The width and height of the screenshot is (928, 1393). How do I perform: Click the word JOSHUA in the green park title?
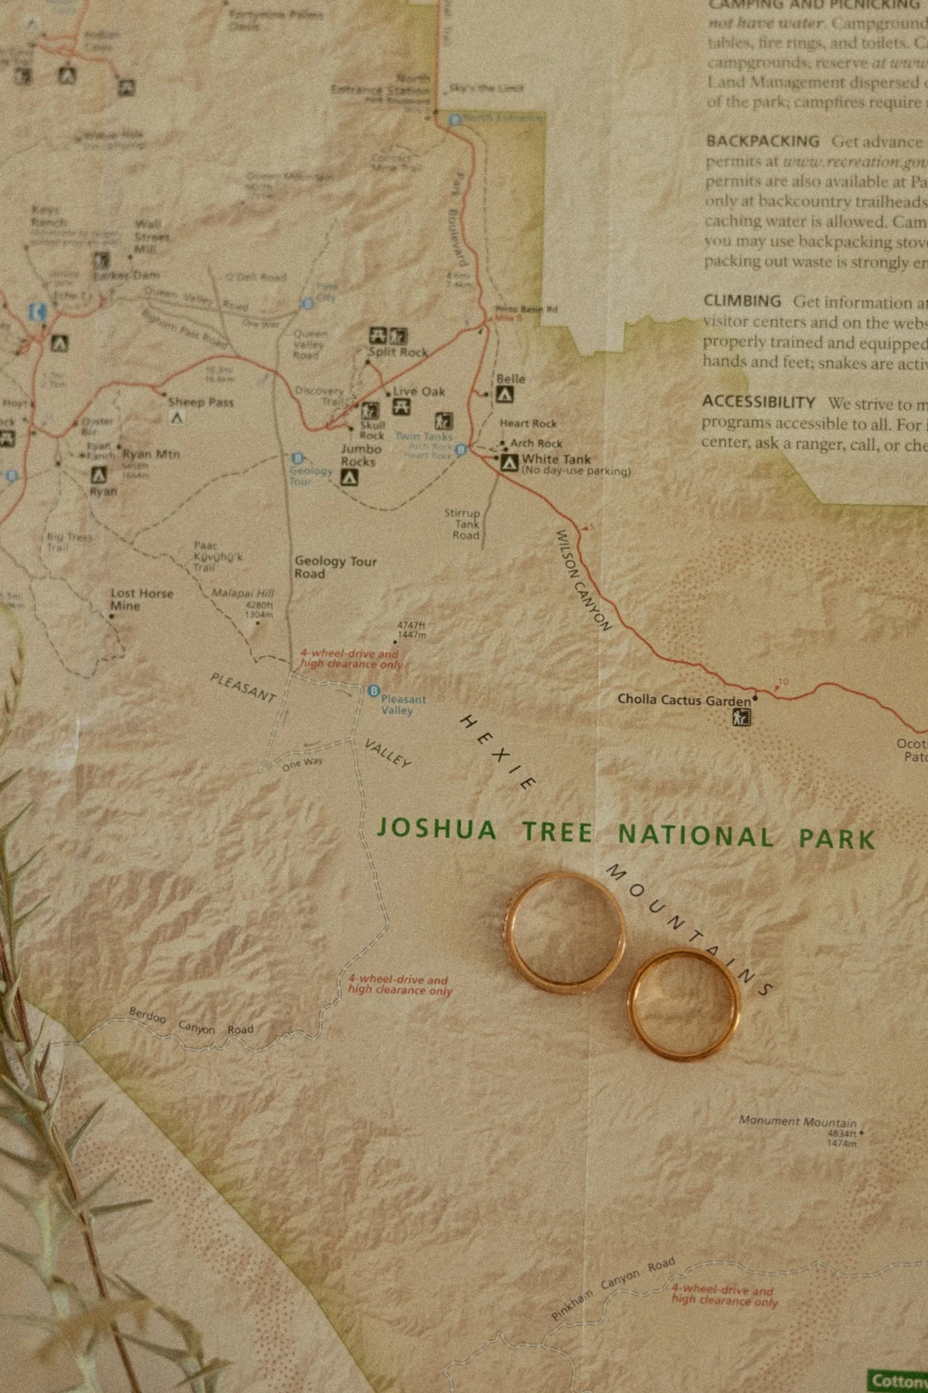(x=436, y=828)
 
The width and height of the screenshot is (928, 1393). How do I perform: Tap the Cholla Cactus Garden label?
(x=684, y=699)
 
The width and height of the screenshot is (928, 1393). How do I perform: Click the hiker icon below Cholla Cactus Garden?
(x=741, y=717)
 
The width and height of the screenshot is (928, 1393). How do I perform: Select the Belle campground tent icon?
(x=504, y=395)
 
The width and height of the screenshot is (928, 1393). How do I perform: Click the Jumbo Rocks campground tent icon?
(x=349, y=478)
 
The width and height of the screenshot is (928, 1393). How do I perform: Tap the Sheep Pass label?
(x=201, y=402)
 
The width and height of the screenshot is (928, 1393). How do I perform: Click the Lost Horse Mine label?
(x=141, y=599)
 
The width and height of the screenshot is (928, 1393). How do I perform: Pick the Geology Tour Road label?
(x=334, y=567)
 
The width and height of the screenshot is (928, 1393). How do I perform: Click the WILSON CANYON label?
(x=583, y=580)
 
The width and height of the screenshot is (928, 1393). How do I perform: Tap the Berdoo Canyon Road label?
(x=191, y=1023)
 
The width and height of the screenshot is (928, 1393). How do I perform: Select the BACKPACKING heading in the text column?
(x=762, y=141)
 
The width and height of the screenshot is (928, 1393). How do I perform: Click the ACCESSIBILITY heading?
(x=758, y=402)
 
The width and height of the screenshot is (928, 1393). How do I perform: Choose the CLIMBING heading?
(x=742, y=301)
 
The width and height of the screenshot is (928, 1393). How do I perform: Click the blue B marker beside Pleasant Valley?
(x=373, y=691)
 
